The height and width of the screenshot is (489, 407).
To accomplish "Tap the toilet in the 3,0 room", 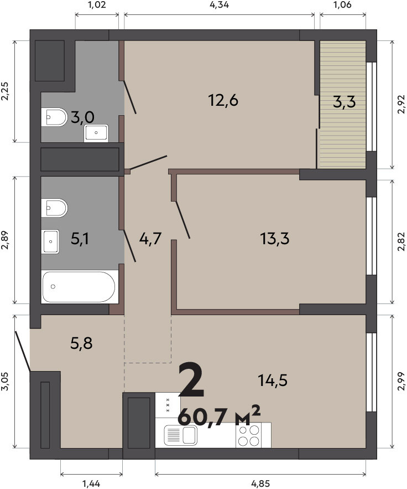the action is (54, 117).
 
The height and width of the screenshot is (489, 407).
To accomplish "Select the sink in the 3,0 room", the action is (96, 133).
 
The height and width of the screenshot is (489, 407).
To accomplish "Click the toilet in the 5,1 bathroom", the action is (54, 208).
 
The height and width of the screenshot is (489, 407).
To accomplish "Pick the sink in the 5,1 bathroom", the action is (51, 241).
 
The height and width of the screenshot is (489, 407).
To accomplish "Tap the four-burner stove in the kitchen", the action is (249, 436).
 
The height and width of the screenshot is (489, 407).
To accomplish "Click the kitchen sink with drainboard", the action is (181, 435).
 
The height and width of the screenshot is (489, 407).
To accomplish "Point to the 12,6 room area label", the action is (223, 100).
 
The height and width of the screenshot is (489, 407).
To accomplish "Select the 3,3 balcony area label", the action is (344, 102).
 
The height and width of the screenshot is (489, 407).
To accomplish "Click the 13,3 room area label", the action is (274, 239).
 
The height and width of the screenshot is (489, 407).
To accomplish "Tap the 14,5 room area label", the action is (273, 380).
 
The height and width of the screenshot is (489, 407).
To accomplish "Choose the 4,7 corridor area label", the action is (150, 239).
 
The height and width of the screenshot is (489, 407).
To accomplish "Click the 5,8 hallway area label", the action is (81, 343).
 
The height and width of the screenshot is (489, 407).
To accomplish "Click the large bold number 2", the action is (191, 380).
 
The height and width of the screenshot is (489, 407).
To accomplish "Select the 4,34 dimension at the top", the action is (219, 4).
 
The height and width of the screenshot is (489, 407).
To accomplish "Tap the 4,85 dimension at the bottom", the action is (260, 483).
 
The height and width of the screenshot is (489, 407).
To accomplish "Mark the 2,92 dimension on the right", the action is (402, 104).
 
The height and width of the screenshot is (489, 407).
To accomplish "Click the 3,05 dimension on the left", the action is (6, 381).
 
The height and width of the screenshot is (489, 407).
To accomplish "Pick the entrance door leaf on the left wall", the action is (23, 352).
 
